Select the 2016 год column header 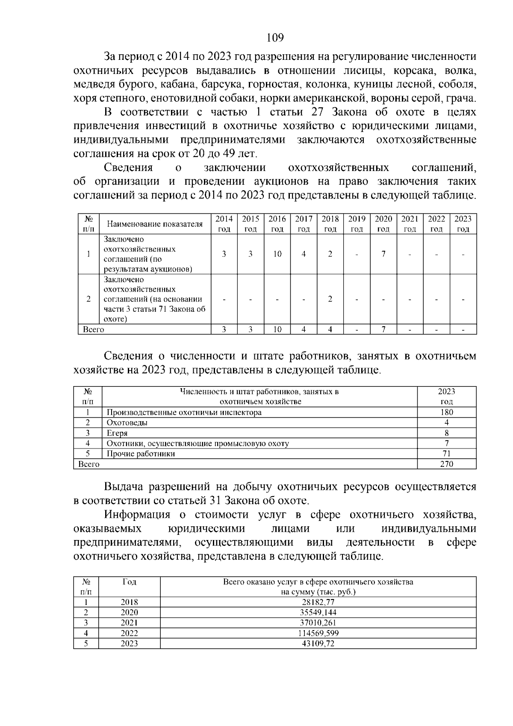click(277, 224)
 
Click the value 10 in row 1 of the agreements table click(277, 254)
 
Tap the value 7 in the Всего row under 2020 click(383, 329)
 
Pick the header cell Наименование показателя click(155, 224)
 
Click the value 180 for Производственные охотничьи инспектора click(446, 412)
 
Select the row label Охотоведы click(127, 422)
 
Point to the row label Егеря click(117, 433)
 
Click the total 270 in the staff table click(446, 464)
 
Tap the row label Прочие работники click(141, 454)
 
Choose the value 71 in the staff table click(446, 454)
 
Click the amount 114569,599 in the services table click(318, 633)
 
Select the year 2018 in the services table click(129, 602)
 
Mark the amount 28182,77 click(318, 602)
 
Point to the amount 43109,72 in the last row click(318, 643)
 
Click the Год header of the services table click(129, 582)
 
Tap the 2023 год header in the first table click(463, 224)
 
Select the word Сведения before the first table click(128, 168)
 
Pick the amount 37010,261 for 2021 click(318, 623)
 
